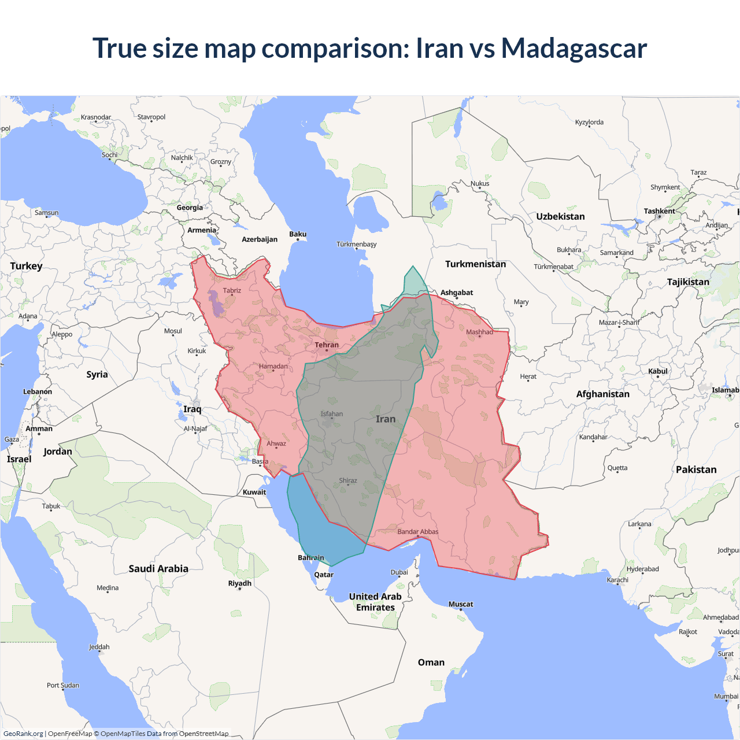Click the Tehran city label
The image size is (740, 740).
click(x=327, y=345)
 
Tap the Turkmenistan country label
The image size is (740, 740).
click(x=475, y=264)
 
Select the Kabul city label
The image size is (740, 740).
click(x=658, y=371)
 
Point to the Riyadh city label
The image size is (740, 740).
click(x=239, y=583)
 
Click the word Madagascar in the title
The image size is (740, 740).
click(x=573, y=48)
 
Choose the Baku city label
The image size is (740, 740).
click(x=298, y=234)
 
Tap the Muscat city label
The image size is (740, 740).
click(x=461, y=604)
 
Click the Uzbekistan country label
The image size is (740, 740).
click(x=560, y=216)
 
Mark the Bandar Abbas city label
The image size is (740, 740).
click(x=418, y=532)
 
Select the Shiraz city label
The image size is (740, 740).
click(x=348, y=480)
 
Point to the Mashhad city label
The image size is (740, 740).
click(x=480, y=332)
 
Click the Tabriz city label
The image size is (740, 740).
click(x=232, y=290)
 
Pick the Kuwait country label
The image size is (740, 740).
click(x=254, y=492)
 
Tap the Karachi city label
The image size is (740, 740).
click(x=617, y=580)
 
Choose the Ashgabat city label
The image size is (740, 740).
click(x=457, y=293)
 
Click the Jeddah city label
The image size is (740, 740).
click(x=99, y=647)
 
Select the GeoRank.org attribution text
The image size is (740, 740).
click(x=23, y=734)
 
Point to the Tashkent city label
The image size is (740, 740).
click(x=659, y=211)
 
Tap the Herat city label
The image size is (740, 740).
click(x=528, y=376)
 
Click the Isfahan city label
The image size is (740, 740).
click(x=332, y=414)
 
